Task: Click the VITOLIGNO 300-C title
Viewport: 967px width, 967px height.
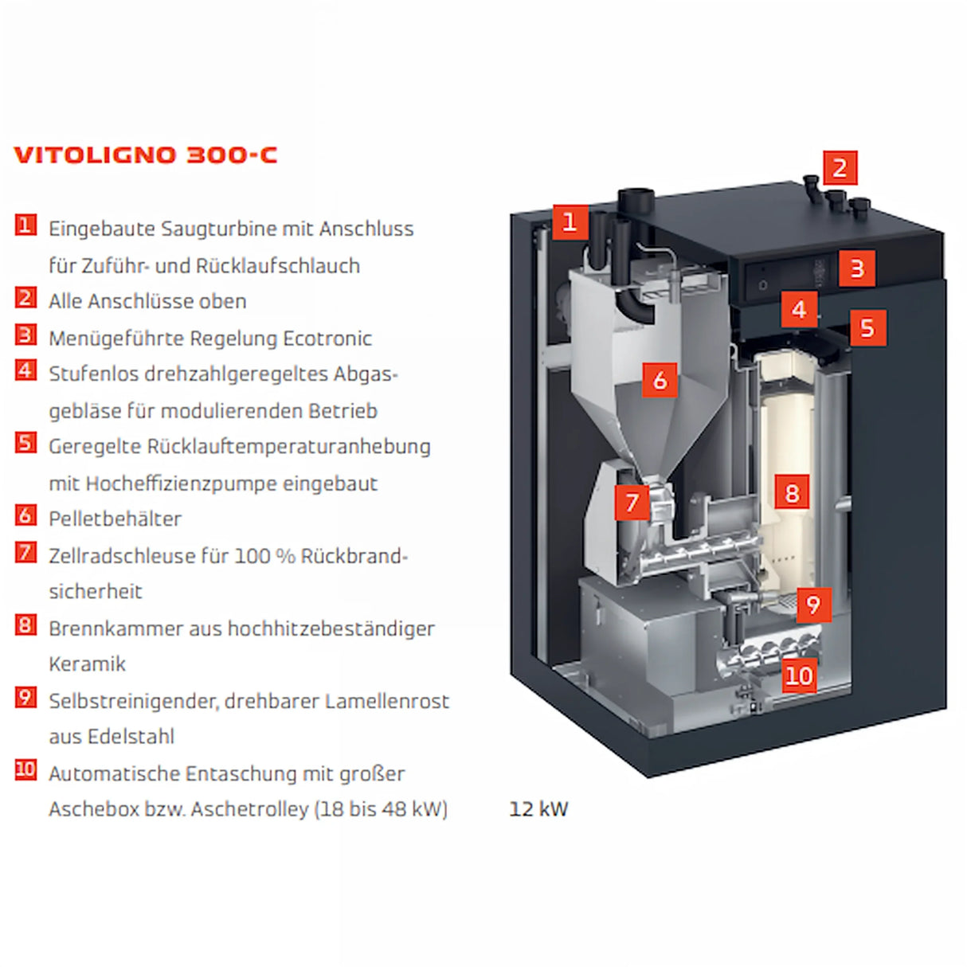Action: pyautogui.click(x=146, y=155)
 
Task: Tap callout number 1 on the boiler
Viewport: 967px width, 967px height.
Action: pyautogui.click(x=570, y=221)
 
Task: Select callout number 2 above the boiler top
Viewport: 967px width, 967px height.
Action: pyautogui.click(x=840, y=168)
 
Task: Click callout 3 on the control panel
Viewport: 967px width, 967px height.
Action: pyautogui.click(x=857, y=268)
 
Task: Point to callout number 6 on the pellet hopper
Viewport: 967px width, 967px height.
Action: pyautogui.click(x=660, y=380)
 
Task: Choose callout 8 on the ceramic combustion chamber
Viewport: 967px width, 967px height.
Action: pyautogui.click(x=792, y=492)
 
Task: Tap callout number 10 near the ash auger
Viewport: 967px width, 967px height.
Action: pyautogui.click(x=799, y=675)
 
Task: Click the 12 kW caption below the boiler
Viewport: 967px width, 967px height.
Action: pyautogui.click(x=538, y=808)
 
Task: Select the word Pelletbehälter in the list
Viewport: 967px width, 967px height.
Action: pyautogui.click(x=115, y=519)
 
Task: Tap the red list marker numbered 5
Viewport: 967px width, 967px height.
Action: pyautogui.click(x=25, y=443)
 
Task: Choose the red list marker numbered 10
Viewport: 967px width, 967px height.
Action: pyautogui.click(x=25, y=769)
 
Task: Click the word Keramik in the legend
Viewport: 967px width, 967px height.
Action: pyautogui.click(x=87, y=664)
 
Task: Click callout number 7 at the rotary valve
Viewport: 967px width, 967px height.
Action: pyautogui.click(x=632, y=503)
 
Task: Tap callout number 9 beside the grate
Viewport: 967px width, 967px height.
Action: pyautogui.click(x=812, y=605)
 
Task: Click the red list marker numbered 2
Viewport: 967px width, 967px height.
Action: pyautogui.click(x=25, y=298)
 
